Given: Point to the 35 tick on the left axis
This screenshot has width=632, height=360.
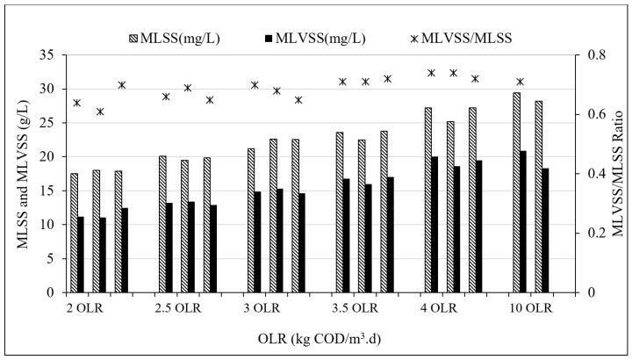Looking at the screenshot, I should click(x=46, y=55).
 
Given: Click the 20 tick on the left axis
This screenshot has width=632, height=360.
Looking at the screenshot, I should click(x=46, y=156).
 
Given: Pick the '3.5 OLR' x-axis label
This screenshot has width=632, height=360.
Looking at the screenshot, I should click(x=355, y=309).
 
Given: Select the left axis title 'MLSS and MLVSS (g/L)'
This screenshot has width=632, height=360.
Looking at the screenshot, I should click(x=19, y=173).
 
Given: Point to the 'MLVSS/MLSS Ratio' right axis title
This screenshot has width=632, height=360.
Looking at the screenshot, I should click(x=619, y=173).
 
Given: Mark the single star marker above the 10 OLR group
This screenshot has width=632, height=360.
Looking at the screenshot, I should click(x=520, y=82).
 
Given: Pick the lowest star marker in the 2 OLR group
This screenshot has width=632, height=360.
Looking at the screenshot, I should click(x=100, y=112).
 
